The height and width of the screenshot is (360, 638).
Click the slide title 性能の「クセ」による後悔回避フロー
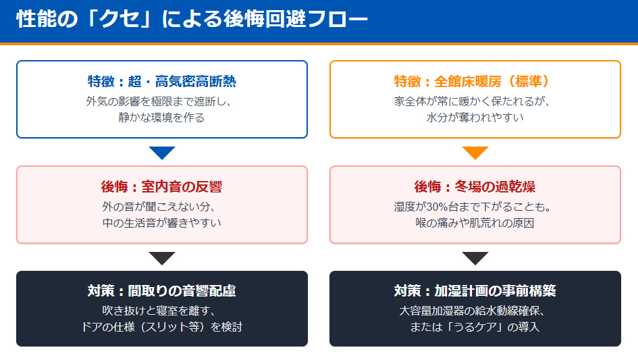192,20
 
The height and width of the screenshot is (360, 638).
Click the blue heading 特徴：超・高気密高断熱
162,82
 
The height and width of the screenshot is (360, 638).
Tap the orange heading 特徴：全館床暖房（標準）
475,82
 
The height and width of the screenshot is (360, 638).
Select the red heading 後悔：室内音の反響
162,187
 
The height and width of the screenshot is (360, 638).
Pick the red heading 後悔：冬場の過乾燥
475,187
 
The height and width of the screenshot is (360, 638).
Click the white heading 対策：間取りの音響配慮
162,292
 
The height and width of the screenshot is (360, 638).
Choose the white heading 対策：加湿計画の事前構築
475,292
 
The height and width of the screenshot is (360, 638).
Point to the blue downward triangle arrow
162,153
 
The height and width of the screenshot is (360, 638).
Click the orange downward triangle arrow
475,153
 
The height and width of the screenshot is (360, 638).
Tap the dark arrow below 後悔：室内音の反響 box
162,258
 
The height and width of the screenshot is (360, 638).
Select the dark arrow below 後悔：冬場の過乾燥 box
475,258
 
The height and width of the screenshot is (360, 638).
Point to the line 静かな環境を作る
162,118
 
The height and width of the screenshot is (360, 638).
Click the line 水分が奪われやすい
475,118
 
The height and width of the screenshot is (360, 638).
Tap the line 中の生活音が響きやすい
162,223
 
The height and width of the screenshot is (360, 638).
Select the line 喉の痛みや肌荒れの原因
475,223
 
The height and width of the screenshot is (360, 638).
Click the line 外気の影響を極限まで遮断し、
162,101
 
